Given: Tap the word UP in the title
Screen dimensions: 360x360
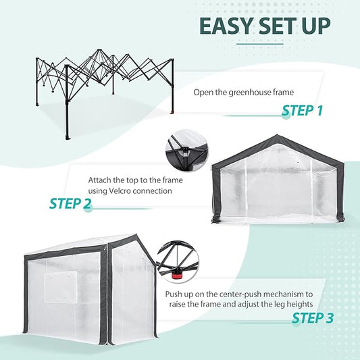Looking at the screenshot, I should click(x=312, y=26).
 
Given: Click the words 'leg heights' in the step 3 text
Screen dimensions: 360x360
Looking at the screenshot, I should click(x=298, y=305).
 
